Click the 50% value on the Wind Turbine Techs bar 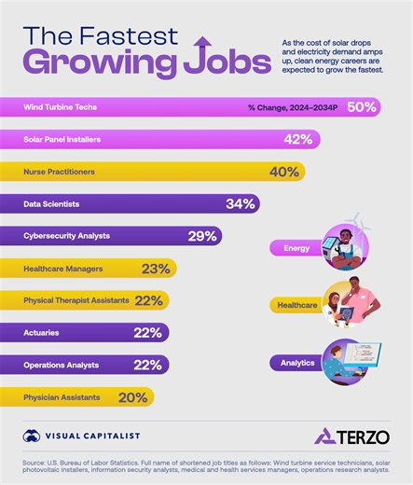click(361, 107)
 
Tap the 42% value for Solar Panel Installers click(298, 139)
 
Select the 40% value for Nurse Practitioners click(282, 172)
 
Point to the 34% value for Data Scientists click(240, 203)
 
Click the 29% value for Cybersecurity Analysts click(202, 236)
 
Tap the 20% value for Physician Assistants click(133, 396)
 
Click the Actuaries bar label click(43, 332)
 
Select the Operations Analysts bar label click(62, 365)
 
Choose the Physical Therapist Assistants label click(76, 300)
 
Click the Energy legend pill click(292, 248)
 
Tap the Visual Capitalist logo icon click(32, 436)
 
